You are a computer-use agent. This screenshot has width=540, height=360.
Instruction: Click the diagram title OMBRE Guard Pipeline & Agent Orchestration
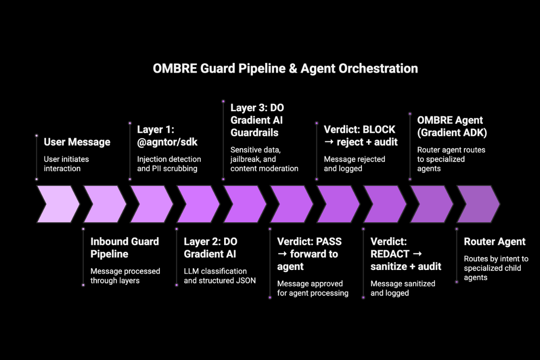click(285, 68)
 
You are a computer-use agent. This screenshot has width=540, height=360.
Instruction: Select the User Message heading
click(77, 142)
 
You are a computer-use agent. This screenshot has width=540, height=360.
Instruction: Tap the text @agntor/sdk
click(167, 142)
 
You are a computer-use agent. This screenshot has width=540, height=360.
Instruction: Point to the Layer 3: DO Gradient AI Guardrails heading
click(257, 120)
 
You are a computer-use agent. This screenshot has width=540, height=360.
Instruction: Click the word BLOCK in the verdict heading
click(379, 130)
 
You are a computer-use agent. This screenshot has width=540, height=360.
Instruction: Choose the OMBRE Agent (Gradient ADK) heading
click(452, 126)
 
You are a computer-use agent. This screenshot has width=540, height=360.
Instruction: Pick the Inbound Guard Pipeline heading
click(125, 247)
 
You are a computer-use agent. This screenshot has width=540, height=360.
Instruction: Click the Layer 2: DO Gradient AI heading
click(211, 247)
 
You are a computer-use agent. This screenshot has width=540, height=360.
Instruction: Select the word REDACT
click(390, 254)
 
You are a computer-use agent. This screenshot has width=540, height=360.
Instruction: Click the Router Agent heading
click(495, 242)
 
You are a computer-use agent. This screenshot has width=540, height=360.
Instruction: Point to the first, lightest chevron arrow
click(58, 204)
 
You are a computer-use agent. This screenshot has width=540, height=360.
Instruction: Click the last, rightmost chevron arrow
click(478, 204)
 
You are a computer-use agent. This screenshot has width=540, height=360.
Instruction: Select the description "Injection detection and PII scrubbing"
click(169, 164)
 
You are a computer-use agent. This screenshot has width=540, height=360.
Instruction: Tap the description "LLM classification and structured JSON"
click(220, 276)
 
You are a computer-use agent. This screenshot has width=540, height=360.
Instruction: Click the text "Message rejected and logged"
click(355, 164)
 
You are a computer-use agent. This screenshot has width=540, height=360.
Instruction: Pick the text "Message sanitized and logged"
click(403, 288)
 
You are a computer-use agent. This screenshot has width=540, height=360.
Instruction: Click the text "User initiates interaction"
click(66, 164)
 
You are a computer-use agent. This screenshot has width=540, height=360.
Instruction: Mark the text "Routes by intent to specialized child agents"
click(496, 268)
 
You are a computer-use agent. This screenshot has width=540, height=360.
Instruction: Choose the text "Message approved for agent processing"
click(313, 288)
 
